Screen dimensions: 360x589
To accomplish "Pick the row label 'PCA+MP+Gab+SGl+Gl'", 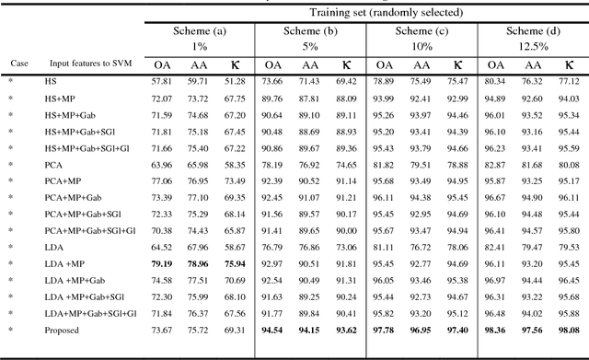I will click(x=89, y=230).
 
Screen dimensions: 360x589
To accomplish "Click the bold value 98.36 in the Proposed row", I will click(x=495, y=329).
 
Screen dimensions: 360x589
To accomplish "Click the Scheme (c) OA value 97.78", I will click(x=384, y=329).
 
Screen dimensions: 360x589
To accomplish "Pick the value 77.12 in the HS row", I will click(x=569, y=81).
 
